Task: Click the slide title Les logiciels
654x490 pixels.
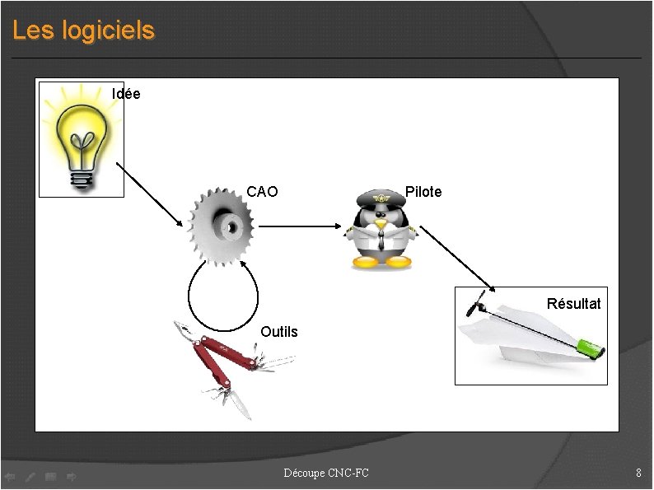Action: pyautogui.click(x=83, y=31)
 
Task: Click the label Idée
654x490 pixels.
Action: pyautogui.click(x=126, y=94)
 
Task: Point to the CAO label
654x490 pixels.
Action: pyautogui.click(x=262, y=192)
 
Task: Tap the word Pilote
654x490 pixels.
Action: pyautogui.click(x=423, y=192)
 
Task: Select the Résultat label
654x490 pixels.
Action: pyautogui.click(x=573, y=304)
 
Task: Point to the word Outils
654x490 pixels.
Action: pyautogui.click(x=279, y=332)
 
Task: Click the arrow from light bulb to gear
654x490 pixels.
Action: pyautogui.click(x=150, y=194)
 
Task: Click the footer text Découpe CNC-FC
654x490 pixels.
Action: pyautogui.click(x=326, y=473)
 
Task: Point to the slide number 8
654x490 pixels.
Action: pyautogui.click(x=638, y=473)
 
